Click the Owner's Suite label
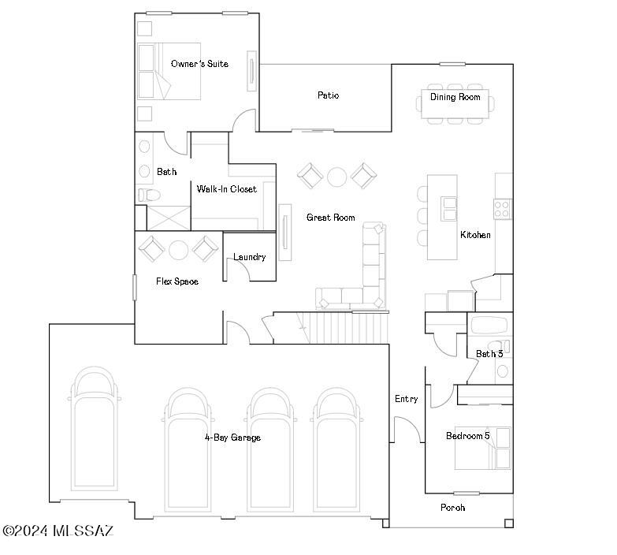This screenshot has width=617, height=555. pos(199,64)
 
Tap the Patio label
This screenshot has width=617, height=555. pos(328,95)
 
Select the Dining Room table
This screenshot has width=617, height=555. pos(455,103)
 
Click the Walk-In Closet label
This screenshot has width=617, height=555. pos(227,189)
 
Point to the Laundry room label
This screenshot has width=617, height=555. pos(249,257)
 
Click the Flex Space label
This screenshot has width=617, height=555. pos(177,281)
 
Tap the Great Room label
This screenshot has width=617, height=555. pos(330,218)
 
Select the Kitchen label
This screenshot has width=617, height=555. pos(475,235)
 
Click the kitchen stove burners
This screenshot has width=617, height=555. pos(502,208)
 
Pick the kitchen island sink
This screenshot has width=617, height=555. pos(449,208)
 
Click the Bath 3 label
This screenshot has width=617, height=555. pos(489,354)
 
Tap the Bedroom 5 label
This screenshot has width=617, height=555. pos(467,436)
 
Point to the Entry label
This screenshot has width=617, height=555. pos(406,399)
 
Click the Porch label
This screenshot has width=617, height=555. pos(452,508)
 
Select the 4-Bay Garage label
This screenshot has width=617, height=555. pos(232,438)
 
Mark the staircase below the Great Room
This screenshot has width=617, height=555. pos(347,327)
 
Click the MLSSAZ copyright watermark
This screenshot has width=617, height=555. pos(58,531)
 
